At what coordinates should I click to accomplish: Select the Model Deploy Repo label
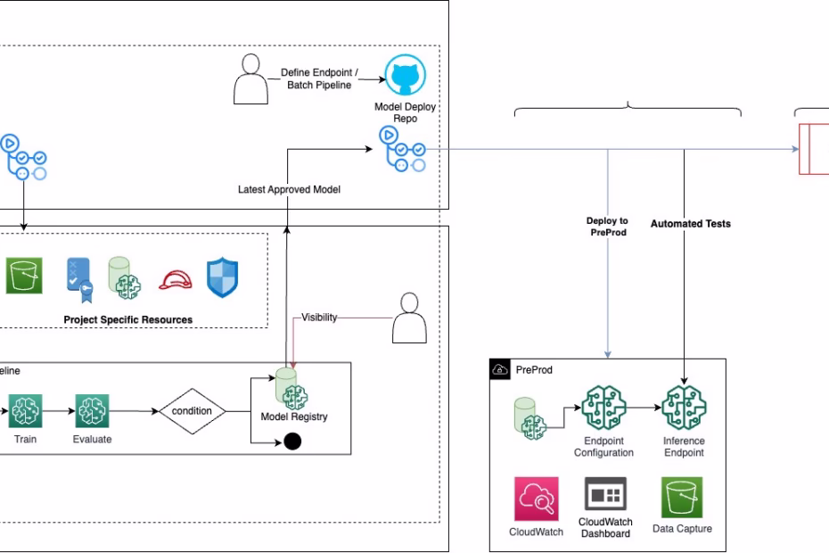(406, 112)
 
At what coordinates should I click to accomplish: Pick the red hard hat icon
(174, 280)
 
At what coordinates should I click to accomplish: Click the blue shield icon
(222, 277)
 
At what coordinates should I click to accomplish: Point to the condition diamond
(193, 411)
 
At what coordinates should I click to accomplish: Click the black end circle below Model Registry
(291, 441)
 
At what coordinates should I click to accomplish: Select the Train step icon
(25, 412)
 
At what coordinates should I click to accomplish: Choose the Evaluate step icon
(92, 412)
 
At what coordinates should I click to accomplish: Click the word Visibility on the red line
(319, 318)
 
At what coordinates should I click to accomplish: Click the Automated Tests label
(690, 224)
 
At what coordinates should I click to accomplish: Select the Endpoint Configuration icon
(603, 409)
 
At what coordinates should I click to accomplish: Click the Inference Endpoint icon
(684, 409)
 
